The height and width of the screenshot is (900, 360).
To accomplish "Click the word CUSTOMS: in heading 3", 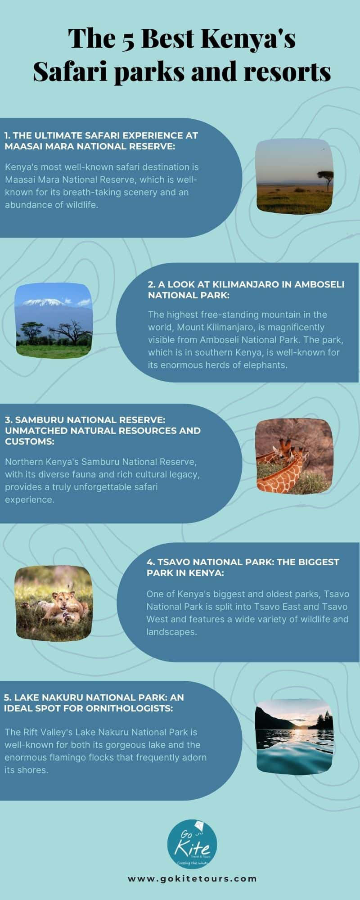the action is [x=30, y=441].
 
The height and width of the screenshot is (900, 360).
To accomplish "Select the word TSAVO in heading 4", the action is [x=173, y=562].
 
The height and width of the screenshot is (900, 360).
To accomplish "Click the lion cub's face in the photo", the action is [x=60, y=599].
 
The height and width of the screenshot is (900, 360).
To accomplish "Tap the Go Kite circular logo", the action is [x=192, y=844].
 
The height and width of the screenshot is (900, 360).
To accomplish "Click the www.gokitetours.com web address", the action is [x=192, y=878].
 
